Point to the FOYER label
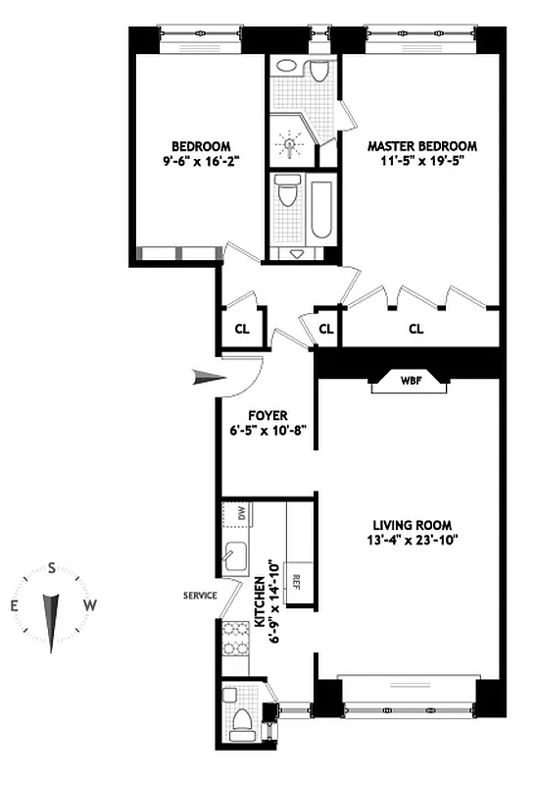tap(267, 415)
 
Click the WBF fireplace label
tap(408, 382)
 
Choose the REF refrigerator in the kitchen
tap(296, 579)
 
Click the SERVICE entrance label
tap(200, 596)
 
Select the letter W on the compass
tap(89, 605)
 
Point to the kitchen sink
tap(236, 557)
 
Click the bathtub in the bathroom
tap(321, 208)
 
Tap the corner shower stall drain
tap(288, 143)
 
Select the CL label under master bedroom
tap(415, 329)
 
